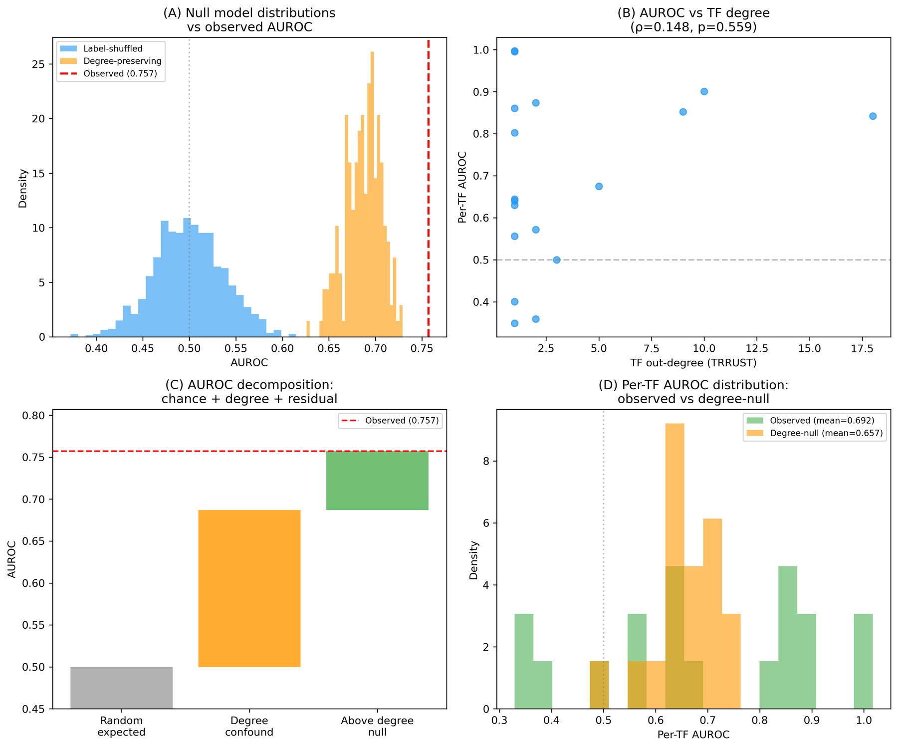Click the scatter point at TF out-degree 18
tap(873, 116)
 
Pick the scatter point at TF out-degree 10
tap(704, 91)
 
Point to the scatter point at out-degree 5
tap(599, 186)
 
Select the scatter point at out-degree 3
tap(557, 260)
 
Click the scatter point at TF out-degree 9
tap(683, 112)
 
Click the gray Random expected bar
tap(121, 688)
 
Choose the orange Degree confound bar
tap(249, 588)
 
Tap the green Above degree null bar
tap(377, 481)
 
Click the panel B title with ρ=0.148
tap(693, 20)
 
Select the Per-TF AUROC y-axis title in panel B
tap(462, 187)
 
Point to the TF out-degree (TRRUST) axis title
tap(693, 363)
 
